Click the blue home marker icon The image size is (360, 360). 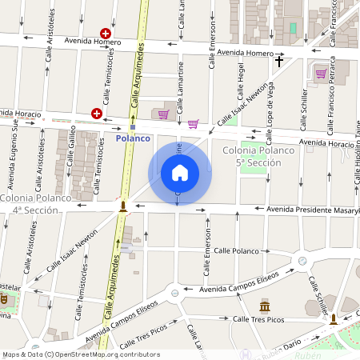coord(180,173)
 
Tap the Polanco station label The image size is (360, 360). coord(133,138)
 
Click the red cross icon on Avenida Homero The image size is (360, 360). coord(105,34)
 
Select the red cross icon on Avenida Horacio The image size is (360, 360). coord(97,114)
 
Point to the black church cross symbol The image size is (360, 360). coord(279,61)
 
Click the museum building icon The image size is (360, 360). coord(265,306)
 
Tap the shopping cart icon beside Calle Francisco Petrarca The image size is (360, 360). coord(321,74)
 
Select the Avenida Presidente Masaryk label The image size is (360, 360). coord(309,210)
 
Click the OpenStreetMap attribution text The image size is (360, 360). coord(80,354)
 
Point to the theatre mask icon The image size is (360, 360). coord(4,298)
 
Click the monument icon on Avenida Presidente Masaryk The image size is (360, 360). coord(122,206)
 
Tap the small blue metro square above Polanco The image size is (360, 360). coord(133,126)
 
